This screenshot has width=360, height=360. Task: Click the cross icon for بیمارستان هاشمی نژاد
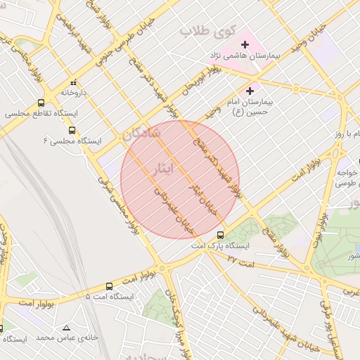[x=245, y=44]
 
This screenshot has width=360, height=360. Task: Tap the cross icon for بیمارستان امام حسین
[x=250, y=91]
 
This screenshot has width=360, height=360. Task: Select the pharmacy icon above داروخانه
[x=74, y=82]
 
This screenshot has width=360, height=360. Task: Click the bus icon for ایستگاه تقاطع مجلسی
[x=41, y=102]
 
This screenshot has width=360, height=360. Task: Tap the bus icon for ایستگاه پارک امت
[x=221, y=235]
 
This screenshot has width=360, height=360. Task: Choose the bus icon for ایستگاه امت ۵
[x=109, y=286]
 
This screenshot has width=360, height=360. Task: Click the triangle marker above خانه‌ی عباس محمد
[x=66, y=328]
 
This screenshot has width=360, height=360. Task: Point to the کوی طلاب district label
[x=205, y=32]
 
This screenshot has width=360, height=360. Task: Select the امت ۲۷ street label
[x=240, y=259]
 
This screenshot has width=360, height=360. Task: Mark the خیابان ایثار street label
[x=201, y=198]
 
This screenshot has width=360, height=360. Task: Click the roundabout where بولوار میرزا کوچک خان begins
[x=162, y=268]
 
